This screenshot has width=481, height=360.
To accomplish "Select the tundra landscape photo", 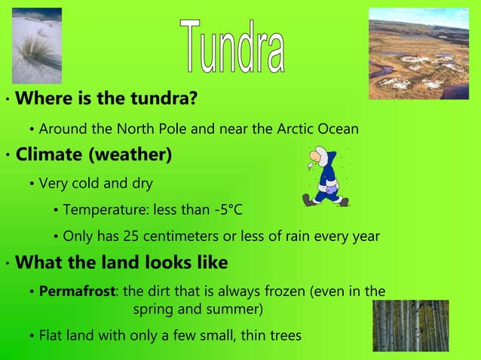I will click(x=418, y=53).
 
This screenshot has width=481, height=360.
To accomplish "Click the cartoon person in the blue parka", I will click(x=326, y=177).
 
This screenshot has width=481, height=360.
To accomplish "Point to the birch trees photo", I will click(x=410, y=326).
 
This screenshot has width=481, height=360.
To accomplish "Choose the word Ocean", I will click(x=337, y=129).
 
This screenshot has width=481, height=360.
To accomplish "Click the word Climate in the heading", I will click(x=49, y=156).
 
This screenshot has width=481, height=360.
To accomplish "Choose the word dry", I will click(x=141, y=183).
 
